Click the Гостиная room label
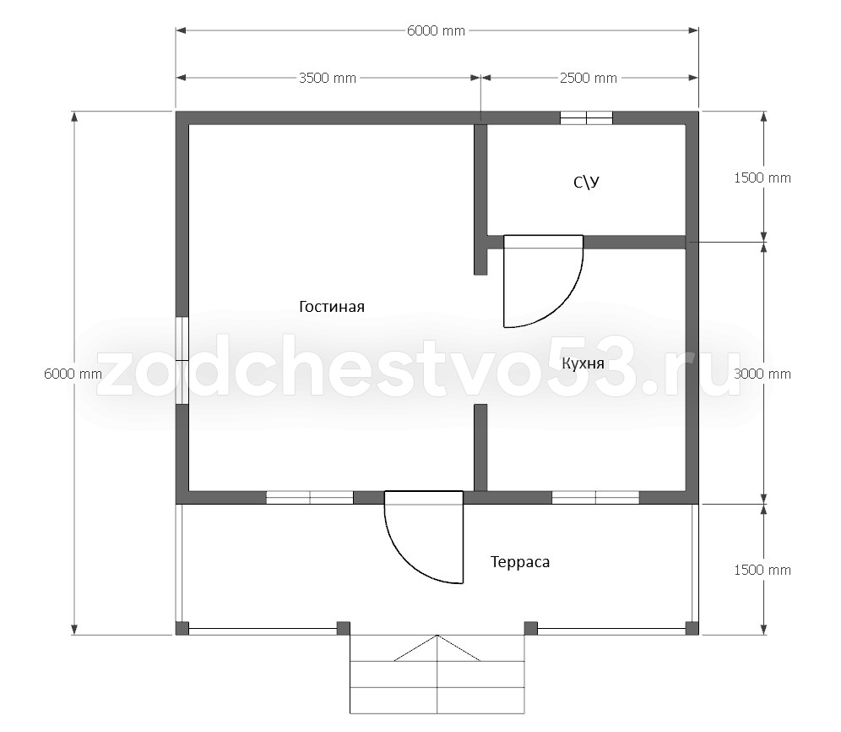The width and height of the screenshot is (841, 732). [x=332, y=307]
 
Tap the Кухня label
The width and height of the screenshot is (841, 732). [x=583, y=364]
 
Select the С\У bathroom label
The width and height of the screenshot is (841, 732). [x=586, y=183]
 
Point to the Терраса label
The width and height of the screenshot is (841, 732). [x=520, y=562]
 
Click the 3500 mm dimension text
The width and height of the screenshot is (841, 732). [x=327, y=79]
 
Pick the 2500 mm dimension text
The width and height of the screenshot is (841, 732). [x=589, y=79]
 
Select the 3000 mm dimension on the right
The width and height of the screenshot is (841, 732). [x=762, y=374]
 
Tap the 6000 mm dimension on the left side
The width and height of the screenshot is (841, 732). [x=73, y=374]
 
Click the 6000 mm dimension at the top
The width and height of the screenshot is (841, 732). [x=436, y=31]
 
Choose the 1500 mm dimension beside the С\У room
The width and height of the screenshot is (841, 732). [x=762, y=178]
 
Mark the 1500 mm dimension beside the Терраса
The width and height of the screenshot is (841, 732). [x=762, y=570]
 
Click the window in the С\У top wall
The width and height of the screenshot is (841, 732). [x=586, y=117]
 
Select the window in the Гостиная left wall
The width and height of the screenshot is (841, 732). [x=182, y=360]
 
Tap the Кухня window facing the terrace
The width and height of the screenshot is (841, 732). [x=595, y=497]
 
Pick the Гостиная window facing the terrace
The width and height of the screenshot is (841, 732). [x=310, y=497]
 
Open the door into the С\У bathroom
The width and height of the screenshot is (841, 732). [x=543, y=281]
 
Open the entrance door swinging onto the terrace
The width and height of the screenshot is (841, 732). [x=424, y=537]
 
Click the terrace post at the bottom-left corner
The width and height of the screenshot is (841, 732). [x=182, y=628]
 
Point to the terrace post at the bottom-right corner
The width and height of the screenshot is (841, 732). [x=692, y=628]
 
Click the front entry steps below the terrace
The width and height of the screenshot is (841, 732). [x=437, y=675]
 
